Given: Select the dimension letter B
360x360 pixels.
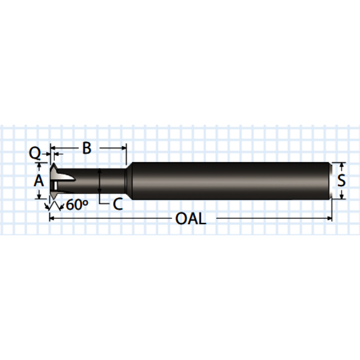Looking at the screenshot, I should (87, 148).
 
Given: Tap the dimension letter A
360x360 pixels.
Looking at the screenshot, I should (38, 181).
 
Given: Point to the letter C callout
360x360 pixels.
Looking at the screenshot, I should (117, 205).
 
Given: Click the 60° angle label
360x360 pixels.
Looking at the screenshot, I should (77, 205).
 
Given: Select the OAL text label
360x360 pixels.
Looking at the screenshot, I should (191, 218).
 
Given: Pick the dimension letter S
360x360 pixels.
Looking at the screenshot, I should (342, 181).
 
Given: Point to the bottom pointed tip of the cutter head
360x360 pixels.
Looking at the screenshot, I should (52, 198).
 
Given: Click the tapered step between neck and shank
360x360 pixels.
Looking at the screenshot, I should (128, 181).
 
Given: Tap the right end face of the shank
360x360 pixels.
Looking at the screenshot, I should (332, 181).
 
